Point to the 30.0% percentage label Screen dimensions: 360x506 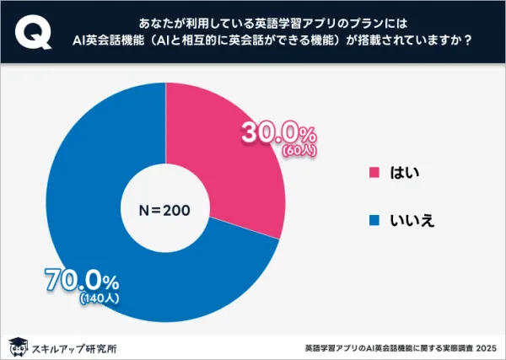coord(278,133)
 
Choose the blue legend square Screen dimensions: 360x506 coord(374,221)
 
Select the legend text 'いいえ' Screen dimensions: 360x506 coord(417,221)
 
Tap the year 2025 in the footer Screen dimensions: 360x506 coord(487,347)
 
